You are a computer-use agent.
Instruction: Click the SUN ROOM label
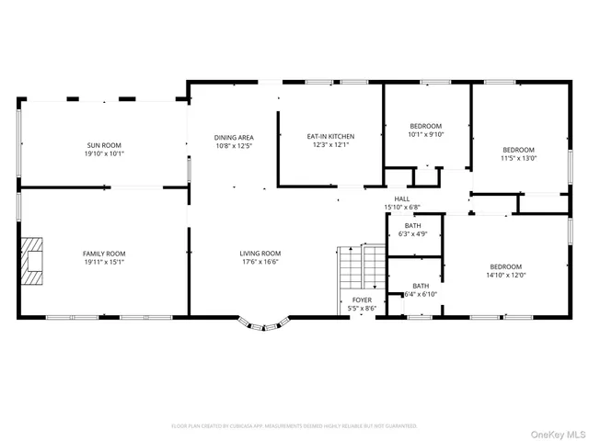[104, 145]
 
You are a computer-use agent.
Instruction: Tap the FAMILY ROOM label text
[104, 254]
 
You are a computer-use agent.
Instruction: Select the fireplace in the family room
[34, 257]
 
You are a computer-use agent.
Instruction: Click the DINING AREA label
[233, 137]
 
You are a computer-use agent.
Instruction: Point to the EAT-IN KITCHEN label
[330, 137]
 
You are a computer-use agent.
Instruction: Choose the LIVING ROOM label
[260, 254]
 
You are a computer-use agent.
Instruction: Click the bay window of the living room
[264, 323]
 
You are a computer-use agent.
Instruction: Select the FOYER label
[363, 300]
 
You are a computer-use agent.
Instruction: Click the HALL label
[402, 198]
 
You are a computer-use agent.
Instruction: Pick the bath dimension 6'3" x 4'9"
[412, 233]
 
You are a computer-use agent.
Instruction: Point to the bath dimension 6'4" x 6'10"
[421, 294]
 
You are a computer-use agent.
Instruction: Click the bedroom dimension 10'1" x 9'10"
[426, 134]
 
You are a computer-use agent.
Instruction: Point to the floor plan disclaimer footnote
[294, 426]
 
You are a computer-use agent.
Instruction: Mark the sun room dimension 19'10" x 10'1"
[104, 153]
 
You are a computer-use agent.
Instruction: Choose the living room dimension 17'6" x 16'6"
[260, 263]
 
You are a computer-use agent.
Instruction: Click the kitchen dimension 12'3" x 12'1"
[330, 145]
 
